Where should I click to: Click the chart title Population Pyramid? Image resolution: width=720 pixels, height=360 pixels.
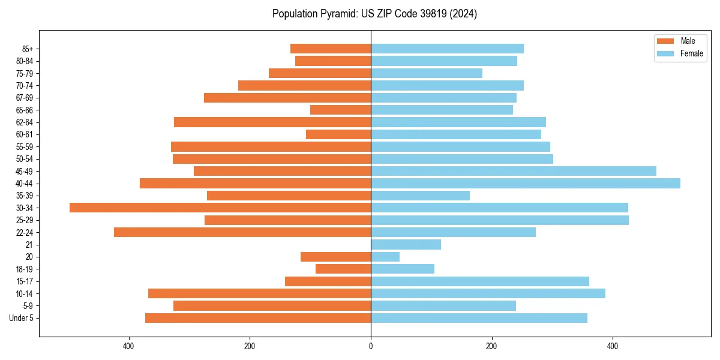click(x=374, y=14)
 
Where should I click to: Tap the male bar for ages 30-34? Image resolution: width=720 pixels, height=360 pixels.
click(x=220, y=208)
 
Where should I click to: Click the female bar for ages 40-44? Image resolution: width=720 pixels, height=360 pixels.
click(x=526, y=183)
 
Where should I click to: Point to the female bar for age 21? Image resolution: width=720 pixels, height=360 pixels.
click(x=406, y=244)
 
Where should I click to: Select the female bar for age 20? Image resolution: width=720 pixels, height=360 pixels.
click(x=385, y=257)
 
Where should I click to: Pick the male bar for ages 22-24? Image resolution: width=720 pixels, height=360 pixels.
click(x=242, y=232)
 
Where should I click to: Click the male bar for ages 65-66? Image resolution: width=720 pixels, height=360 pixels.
click(x=340, y=110)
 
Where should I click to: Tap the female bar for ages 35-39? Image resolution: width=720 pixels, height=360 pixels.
click(x=420, y=196)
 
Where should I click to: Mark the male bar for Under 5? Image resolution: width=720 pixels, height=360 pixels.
click(x=258, y=318)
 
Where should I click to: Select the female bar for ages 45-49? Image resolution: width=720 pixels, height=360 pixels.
click(x=514, y=171)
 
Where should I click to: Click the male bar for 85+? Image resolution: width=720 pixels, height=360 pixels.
click(x=331, y=49)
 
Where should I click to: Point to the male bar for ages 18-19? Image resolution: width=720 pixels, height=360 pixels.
click(x=343, y=269)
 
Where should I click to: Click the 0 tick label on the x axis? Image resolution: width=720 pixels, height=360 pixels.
click(x=371, y=346)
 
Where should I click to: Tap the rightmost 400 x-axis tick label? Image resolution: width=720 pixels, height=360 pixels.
click(x=613, y=346)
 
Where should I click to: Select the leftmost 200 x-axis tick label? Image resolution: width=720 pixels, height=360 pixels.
click(x=250, y=346)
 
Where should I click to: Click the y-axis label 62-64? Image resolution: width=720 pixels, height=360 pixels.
click(x=25, y=122)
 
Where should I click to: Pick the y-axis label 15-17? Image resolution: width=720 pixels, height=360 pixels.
click(x=25, y=281)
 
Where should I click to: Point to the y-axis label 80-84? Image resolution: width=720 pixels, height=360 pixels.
click(x=25, y=61)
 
